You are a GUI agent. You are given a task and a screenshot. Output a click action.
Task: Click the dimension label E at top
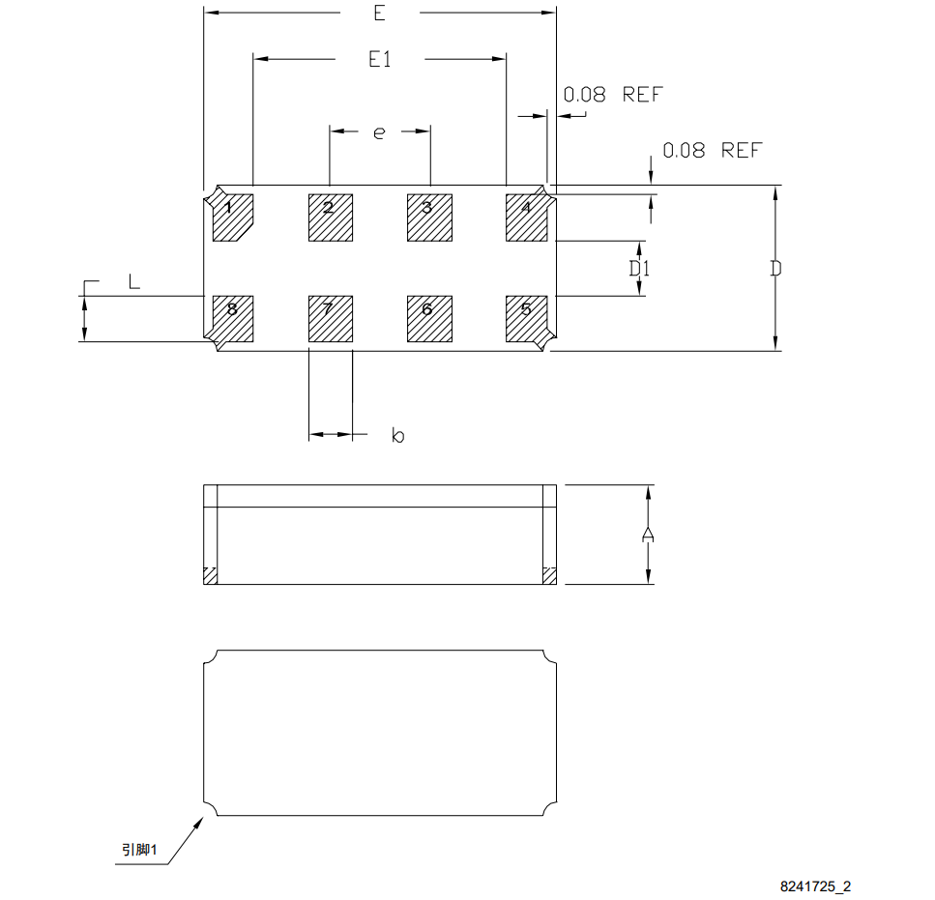(x=379, y=14)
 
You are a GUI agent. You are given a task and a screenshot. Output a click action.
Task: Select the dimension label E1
(x=380, y=60)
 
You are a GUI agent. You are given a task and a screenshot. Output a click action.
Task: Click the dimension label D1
(x=639, y=268)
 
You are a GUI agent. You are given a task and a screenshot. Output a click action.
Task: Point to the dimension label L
(x=134, y=281)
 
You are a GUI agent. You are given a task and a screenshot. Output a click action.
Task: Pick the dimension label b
(x=397, y=436)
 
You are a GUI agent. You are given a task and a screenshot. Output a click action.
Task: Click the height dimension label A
(x=649, y=535)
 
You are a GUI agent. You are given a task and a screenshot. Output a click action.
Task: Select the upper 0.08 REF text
(x=613, y=95)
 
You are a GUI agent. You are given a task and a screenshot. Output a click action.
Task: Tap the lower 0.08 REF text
(x=712, y=151)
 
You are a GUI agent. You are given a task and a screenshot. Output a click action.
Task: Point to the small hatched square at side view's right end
(x=549, y=575)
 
